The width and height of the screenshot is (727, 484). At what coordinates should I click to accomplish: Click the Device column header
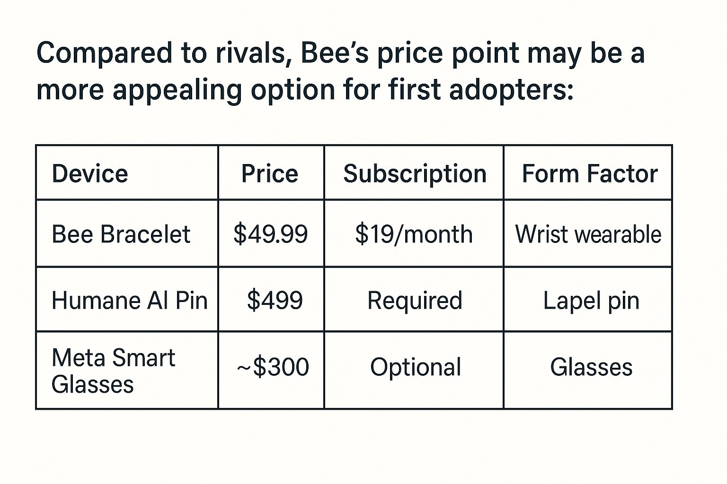point(90,173)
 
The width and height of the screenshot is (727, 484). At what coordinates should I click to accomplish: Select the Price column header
point(270,173)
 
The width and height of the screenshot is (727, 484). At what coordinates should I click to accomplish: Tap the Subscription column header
point(415,175)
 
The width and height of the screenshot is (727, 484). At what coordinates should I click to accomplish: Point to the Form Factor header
point(590,173)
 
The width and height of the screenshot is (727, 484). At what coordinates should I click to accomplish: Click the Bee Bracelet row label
point(121,234)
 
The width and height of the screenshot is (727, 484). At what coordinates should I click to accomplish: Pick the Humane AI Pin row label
point(130,300)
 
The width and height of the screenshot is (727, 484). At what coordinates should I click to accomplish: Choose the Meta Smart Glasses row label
point(114,371)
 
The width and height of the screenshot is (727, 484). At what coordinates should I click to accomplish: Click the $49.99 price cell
point(270,234)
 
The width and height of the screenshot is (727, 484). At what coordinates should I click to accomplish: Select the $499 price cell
point(275,300)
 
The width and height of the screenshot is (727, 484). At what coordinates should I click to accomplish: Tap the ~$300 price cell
point(273,367)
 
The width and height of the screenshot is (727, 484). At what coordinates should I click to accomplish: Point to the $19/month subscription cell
point(414,234)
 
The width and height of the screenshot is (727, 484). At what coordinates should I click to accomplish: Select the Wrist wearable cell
point(588,234)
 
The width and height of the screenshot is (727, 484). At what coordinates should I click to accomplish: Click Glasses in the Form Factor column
point(591,367)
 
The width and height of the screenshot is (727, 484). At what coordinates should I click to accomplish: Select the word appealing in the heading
point(177,91)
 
